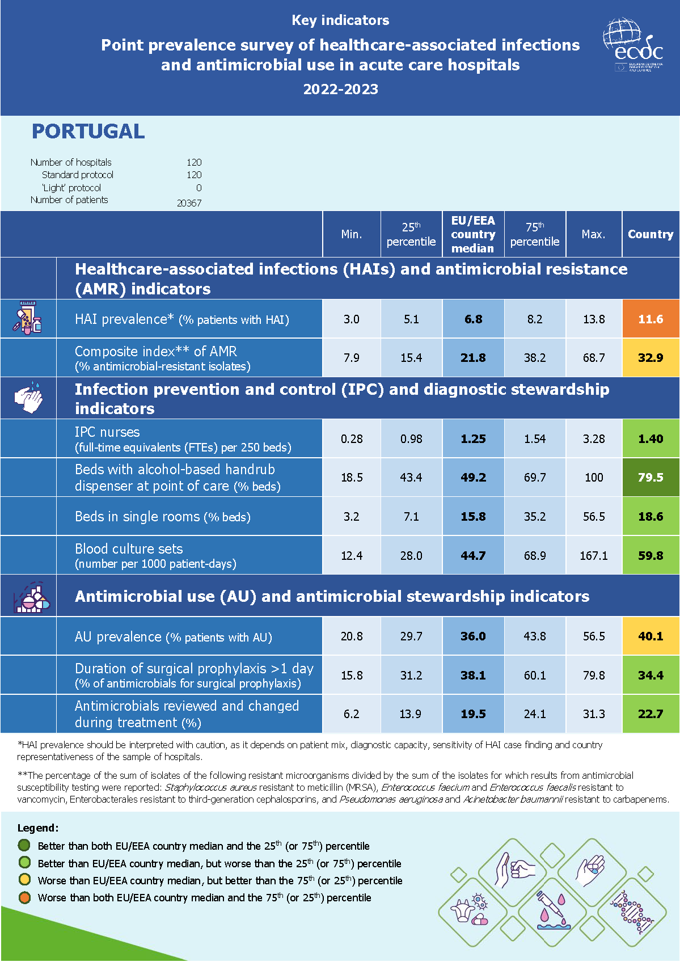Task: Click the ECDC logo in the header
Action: pyautogui.click(x=633, y=45)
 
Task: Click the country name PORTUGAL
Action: pyautogui.click(x=88, y=132)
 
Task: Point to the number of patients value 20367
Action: pyautogui.click(x=189, y=203)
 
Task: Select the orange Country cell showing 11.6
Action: pyautogui.click(x=651, y=319)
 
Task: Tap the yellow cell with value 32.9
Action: pyautogui.click(x=651, y=358)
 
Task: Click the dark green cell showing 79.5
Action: pyautogui.click(x=651, y=478)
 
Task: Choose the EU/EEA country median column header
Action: pyautogui.click(x=473, y=234)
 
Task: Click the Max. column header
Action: pyautogui.click(x=593, y=234)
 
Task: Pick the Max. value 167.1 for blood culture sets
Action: pyautogui.click(x=593, y=556)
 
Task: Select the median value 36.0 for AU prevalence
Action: pyautogui.click(x=473, y=636)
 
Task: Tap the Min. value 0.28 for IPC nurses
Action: pyautogui.click(x=352, y=439)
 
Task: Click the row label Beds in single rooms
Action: pyautogui.click(x=163, y=517)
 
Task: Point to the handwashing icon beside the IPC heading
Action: pyautogui.click(x=29, y=398)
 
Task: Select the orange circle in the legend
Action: pyautogui.click(x=24, y=897)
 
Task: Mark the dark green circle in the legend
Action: pyautogui.click(x=24, y=845)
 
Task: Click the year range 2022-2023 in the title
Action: pyautogui.click(x=340, y=89)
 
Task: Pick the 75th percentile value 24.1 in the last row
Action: pyautogui.click(x=534, y=714)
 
